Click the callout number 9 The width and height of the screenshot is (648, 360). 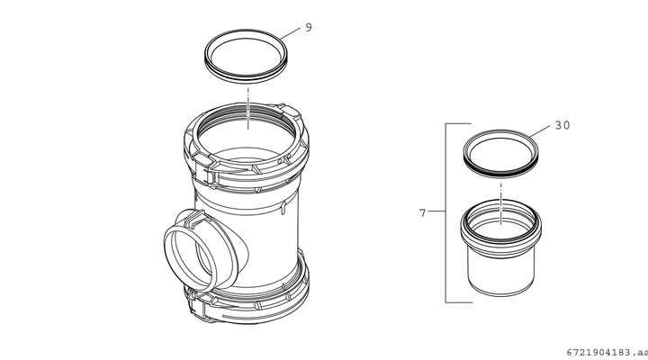point(309,28)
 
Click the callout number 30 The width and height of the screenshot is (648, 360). point(562,125)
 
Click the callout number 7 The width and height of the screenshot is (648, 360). point(422,213)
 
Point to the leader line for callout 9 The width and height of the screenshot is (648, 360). point(290,34)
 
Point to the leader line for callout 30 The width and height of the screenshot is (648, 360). point(540,131)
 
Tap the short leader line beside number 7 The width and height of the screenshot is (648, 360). point(436,211)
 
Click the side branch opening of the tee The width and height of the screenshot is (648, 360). point(190,258)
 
